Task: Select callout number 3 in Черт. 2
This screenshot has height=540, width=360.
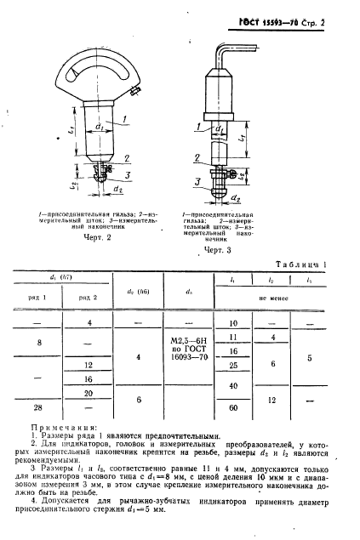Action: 127,174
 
